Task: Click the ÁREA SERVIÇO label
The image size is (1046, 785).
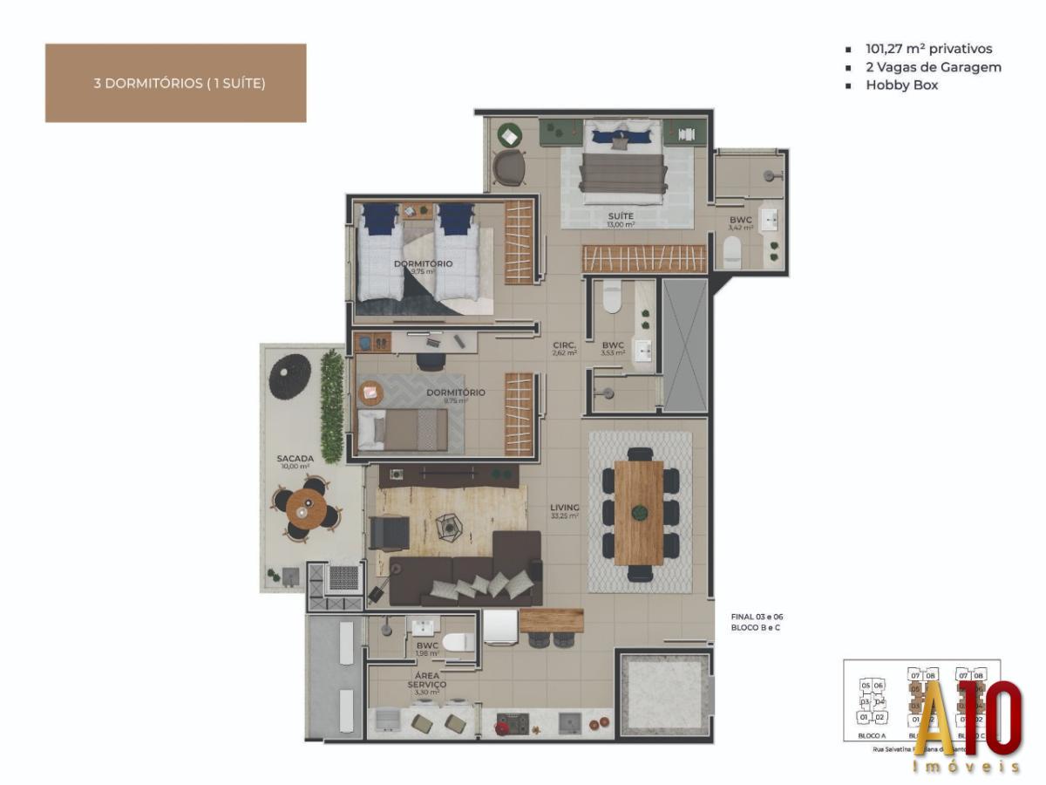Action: [x=427, y=680]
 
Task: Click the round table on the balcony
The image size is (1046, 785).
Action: [x=304, y=506]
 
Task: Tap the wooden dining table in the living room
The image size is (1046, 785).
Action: [x=639, y=512]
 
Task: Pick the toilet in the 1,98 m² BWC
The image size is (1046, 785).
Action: [x=457, y=643]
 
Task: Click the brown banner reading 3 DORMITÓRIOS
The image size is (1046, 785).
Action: [x=175, y=84]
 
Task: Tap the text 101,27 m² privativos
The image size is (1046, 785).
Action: [x=928, y=50]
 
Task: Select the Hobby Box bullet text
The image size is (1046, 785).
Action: [x=901, y=85]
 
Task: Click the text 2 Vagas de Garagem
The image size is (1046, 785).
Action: [x=933, y=67]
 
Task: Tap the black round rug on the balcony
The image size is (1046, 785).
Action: [x=289, y=376]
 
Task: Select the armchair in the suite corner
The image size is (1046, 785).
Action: [x=508, y=166]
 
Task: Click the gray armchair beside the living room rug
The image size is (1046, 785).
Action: [x=388, y=532]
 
